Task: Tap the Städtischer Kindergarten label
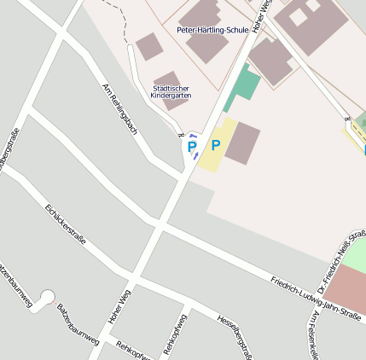coord(171,91)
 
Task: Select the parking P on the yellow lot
coord(215,145)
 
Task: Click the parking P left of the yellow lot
coord(191,147)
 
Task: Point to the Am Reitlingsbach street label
coord(119,108)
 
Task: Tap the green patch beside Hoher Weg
coord(244,85)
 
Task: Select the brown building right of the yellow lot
coord(242,142)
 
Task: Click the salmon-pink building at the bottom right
coord(346,288)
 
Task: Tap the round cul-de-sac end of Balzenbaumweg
coord(48,296)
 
